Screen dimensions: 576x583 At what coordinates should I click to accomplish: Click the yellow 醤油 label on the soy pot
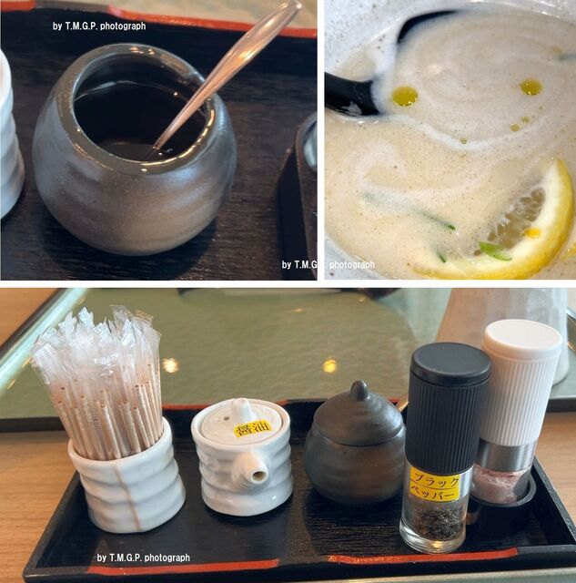248,430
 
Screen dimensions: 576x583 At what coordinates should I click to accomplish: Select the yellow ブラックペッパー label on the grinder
435,485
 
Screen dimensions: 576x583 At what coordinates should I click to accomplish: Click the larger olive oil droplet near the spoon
405,96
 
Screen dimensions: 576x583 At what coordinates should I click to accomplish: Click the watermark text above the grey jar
99,26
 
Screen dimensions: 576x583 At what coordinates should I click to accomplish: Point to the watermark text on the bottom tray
144,557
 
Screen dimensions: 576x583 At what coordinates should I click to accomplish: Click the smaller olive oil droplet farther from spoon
531,87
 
